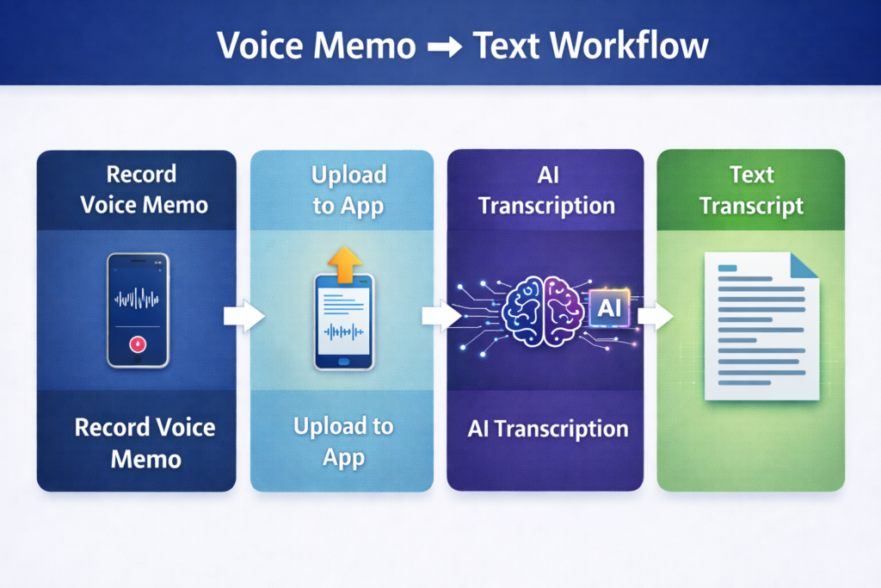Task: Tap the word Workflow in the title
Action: coord(631,45)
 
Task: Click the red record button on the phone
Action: coord(138,344)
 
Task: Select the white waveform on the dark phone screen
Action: coord(138,299)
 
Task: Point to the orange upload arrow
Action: coord(344,263)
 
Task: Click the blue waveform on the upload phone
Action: coord(343,331)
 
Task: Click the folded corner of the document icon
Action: coord(804,266)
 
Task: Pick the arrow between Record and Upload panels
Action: coord(243,317)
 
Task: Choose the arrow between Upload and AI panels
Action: coord(440,316)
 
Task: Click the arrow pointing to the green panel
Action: coord(656,316)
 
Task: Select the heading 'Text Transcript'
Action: coord(751,190)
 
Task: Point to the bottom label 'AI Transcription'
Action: coord(547,429)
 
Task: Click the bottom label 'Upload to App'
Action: coord(343,441)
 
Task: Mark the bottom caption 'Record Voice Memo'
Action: coord(145,442)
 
